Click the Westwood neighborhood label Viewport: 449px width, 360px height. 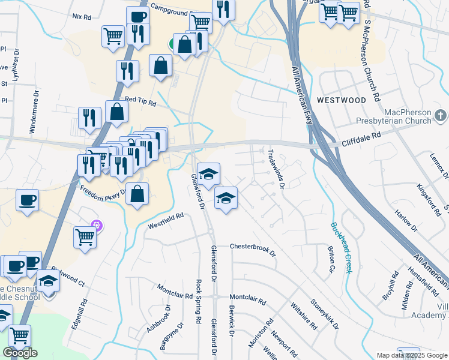coord(341,100)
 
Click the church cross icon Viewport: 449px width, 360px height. coord(441,115)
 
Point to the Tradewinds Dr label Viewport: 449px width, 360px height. coord(275,167)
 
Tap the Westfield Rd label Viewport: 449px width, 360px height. coord(165,220)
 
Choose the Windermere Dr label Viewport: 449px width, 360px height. coord(34,112)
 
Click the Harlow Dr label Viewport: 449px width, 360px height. coord(406,221)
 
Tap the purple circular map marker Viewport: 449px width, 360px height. coord(97,226)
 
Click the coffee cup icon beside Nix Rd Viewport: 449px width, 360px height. coord(138,17)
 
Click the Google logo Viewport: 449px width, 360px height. coord(20,353)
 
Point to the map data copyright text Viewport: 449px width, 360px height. coord(412,355)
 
